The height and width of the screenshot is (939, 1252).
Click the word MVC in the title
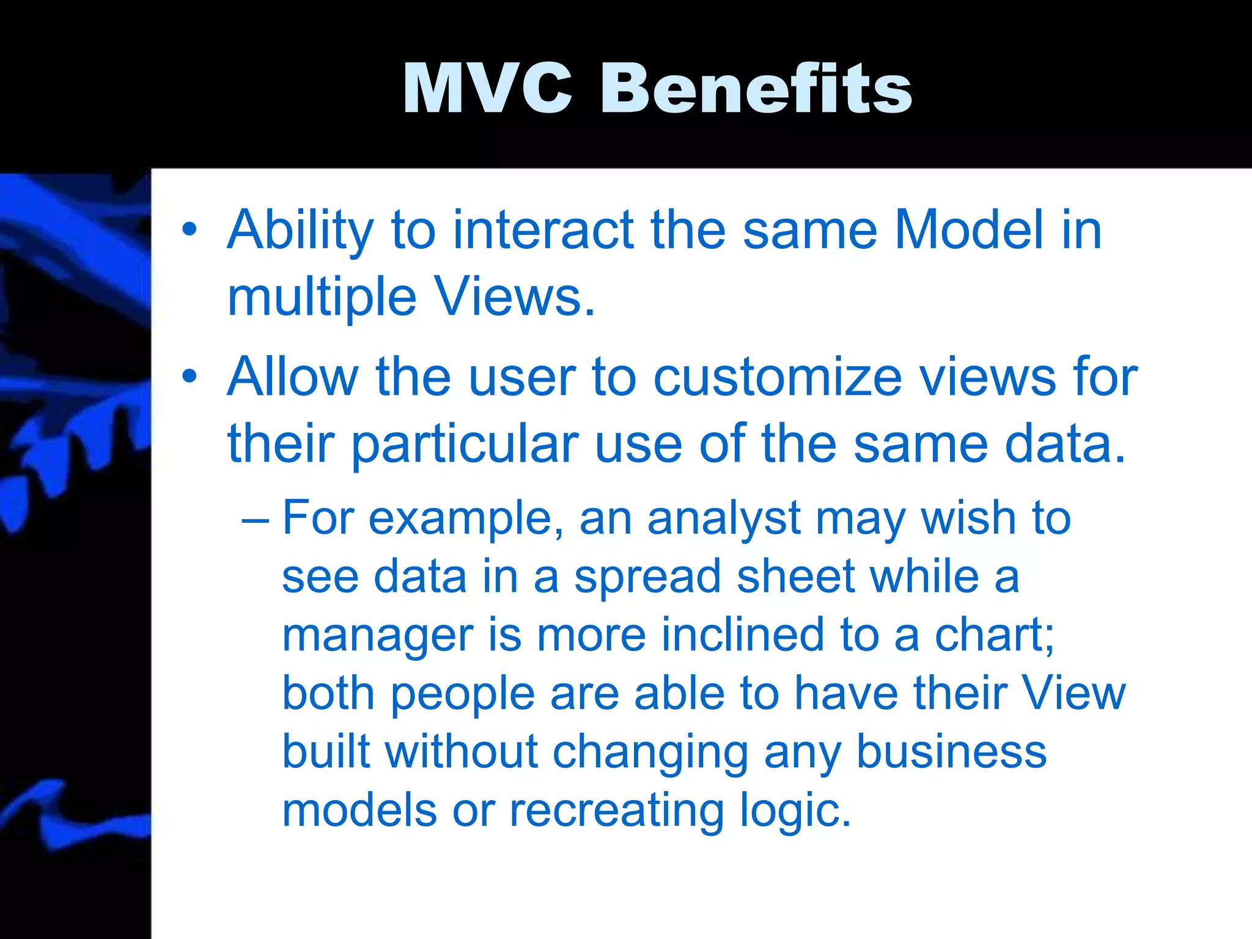pos(487,89)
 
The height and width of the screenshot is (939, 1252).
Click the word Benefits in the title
pos(756,89)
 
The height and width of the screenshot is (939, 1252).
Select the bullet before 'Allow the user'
pos(190,377)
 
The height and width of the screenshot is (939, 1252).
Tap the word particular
pos(465,444)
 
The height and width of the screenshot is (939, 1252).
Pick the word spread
pos(648,577)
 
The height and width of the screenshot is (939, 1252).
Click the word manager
pos(377,636)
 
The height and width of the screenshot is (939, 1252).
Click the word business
pos(951,752)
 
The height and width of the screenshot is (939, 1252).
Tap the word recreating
pos(616,811)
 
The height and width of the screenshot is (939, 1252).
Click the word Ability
pos(300,231)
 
